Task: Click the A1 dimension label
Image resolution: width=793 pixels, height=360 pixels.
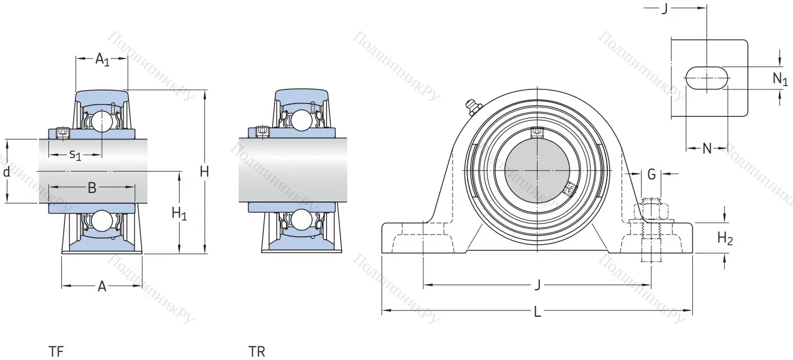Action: (x=102, y=60)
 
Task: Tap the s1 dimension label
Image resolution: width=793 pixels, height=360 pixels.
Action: (x=75, y=155)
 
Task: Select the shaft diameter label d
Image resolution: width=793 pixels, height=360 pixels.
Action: (x=6, y=172)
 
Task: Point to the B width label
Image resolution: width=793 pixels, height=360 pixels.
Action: (x=92, y=188)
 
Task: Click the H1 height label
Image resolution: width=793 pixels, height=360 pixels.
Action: (x=179, y=213)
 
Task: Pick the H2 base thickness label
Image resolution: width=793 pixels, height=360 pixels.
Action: (x=725, y=238)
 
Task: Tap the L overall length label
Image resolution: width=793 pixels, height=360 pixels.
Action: (x=537, y=312)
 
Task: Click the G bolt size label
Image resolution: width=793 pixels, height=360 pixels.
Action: (x=651, y=174)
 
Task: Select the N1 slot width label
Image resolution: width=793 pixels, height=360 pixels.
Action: (x=780, y=79)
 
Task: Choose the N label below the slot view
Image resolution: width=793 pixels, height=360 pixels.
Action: (x=707, y=148)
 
